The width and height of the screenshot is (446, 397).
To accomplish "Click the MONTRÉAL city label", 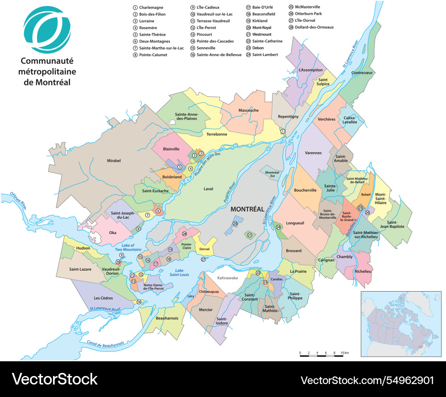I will [247, 209].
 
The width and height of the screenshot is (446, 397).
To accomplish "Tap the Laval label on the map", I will [208, 189].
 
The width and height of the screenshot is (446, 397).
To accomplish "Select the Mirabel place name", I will [114, 161].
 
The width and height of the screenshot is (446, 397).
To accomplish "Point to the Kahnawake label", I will [228, 278].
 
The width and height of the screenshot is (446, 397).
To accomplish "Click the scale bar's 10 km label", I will [344, 353].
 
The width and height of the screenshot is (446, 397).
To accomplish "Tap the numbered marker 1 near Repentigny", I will [282, 131].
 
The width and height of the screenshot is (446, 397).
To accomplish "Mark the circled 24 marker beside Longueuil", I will [278, 227].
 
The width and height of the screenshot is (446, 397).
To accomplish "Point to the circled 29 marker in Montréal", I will [235, 224].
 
